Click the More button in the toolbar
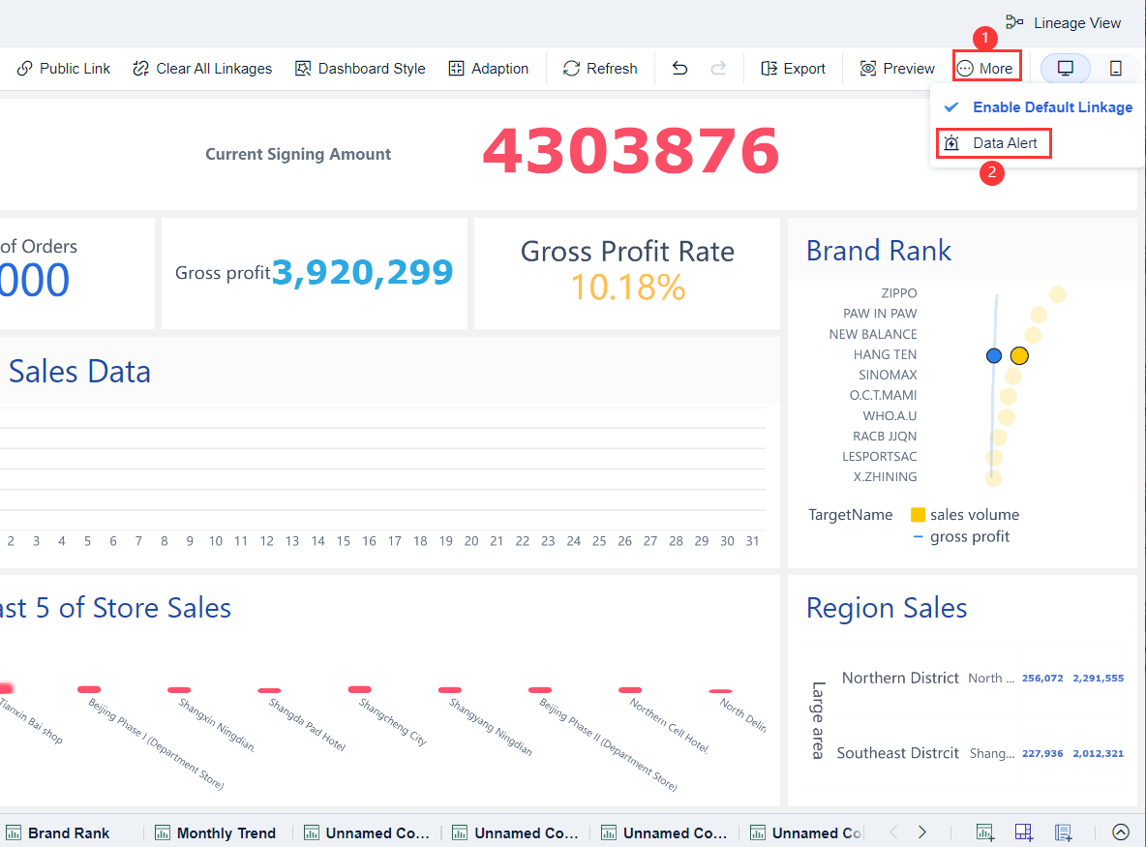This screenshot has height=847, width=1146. pyautogui.click(x=985, y=69)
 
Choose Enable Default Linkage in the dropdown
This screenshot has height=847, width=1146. pyautogui.click(x=1051, y=107)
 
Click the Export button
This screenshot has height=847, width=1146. pyautogui.click(x=793, y=69)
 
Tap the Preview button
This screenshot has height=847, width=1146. pyautogui.click(x=897, y=69)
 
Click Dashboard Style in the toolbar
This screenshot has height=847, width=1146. pyautogui.click(x=360, y=69)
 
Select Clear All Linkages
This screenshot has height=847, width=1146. pyautogui.click(x=202, y=69)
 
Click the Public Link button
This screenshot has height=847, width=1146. pyautogui.click(x=64, y=69)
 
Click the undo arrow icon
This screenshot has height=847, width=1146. pyautogui.click(x=680, y=69)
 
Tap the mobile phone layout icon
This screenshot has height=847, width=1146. pyautogui.click(x=1115, y=69)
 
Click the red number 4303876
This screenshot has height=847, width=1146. pyautogui.click(x=630, y=152)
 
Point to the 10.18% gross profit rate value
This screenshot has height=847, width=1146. pyautogui.click(x=627, y=287)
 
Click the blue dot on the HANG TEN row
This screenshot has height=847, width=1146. pyautogui.click(x=994, y=355)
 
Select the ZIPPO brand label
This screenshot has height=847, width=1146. pyautogui.click(x=898, y=293)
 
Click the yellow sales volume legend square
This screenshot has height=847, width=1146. pyautogui.click(x=919, y=515)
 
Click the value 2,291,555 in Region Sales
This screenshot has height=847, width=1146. pyautogui.click(x=1098, y=679)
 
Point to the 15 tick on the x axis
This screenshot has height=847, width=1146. pyautogui.click(x=344, y=541)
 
